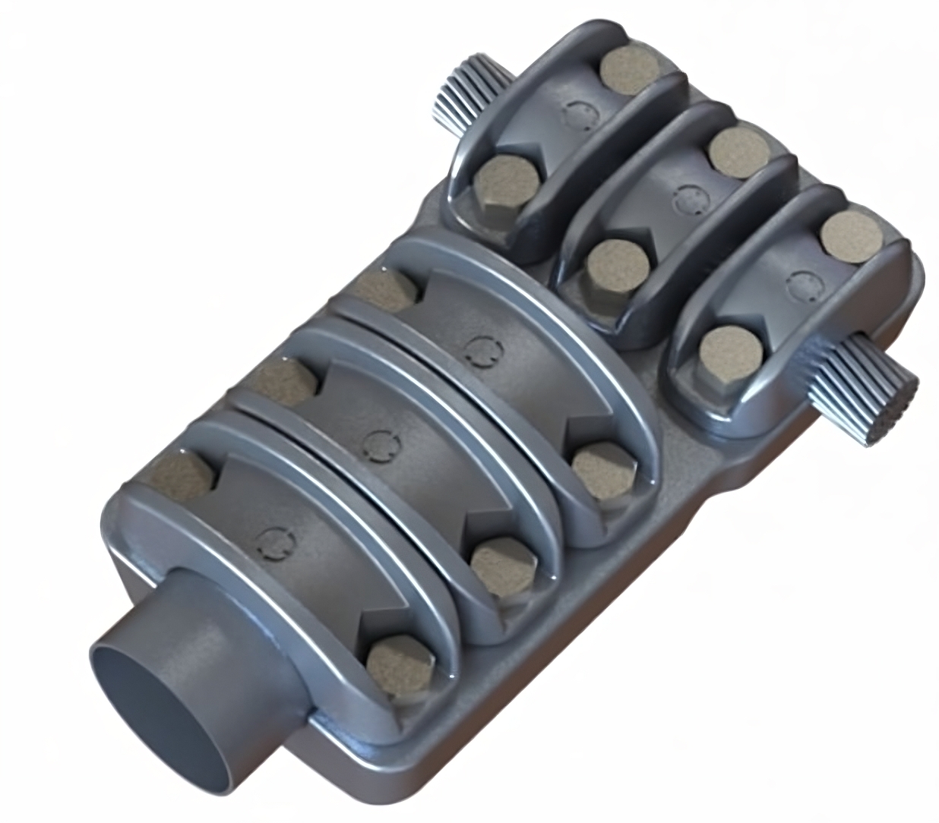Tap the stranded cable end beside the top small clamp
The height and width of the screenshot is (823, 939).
pos(459,95)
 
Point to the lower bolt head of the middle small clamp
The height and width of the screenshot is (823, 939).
pos(618,268)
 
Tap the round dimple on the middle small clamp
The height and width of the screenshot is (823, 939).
pos(689,199)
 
